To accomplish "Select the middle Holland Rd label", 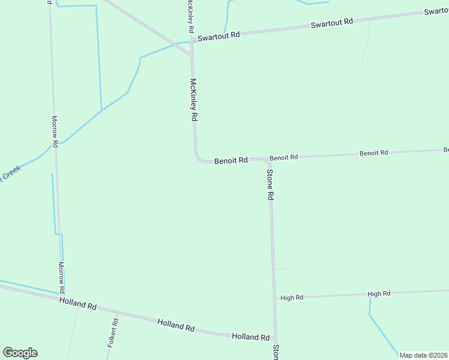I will (176, 325).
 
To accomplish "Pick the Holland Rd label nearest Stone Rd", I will (250, 337).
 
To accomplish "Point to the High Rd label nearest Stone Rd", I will (292, 298).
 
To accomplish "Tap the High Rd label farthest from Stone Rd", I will (379, 293).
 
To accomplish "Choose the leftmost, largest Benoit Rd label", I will (231, 161).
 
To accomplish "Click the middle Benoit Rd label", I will (283, 158).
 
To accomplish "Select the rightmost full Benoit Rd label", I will (373, 153).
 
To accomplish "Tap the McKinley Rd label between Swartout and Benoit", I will (193, 100).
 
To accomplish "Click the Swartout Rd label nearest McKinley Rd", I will (220, 35).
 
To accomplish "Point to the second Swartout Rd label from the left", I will (332, 23).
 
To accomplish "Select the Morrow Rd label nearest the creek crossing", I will (55, 131).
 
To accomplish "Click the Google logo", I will (20, 353).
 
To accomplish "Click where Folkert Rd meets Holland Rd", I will (117, 313).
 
